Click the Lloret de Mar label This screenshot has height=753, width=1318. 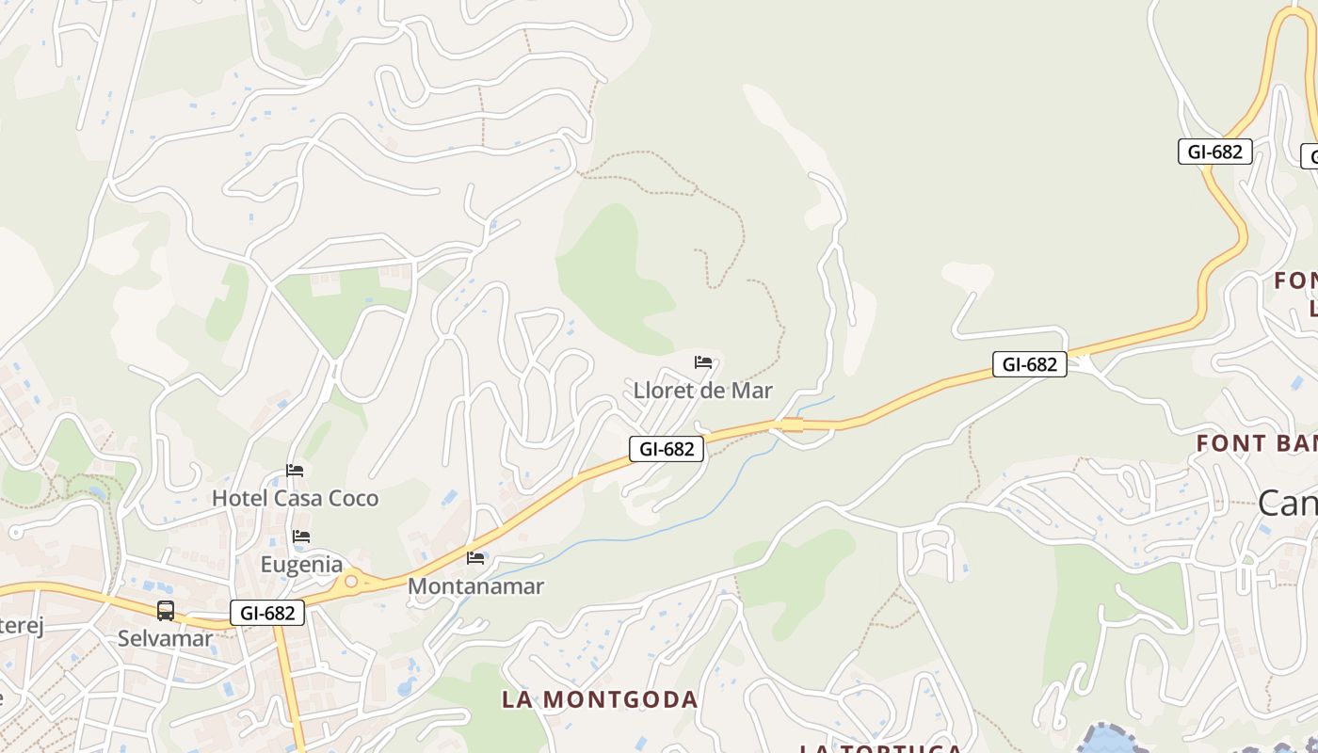point(702,391)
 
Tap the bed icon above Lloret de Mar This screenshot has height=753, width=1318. point(703,362)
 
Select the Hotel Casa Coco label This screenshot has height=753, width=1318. point(295,498)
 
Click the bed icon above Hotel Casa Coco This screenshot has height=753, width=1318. point(295,471)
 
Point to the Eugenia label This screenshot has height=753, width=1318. point(301,565)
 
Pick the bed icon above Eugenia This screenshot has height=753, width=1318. point(301,537)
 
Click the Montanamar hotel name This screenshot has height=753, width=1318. point(475,586)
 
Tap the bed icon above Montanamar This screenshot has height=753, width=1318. point(475,558)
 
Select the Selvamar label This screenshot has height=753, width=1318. point(165,638)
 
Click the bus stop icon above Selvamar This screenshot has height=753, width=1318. point(166,611)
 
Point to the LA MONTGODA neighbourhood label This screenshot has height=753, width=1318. point(600,699)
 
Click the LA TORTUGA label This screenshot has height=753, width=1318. point(880,748)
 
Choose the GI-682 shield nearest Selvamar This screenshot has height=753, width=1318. point(267,613)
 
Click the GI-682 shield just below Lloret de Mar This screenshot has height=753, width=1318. point(667,449)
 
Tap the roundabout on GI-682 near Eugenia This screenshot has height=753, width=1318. point(351,582)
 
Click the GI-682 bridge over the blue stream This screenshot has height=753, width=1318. point(792,425)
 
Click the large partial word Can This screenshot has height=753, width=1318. point(1288,504)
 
